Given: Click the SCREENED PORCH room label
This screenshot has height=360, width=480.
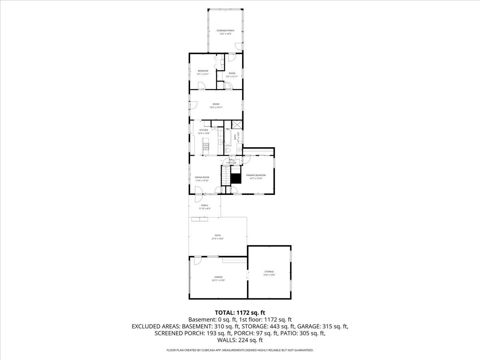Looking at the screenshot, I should pos(225,31).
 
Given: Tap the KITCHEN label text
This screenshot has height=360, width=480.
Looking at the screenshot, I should pos(204,130).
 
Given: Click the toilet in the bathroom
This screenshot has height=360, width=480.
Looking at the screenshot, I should pos(227,150).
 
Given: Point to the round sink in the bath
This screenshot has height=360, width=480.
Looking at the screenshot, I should pos(239,150).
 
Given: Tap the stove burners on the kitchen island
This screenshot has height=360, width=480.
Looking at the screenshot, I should pos(206,146).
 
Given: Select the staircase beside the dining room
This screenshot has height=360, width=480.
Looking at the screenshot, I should pos(226,176).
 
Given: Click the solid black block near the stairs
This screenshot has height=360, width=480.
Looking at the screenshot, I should pos(236,178).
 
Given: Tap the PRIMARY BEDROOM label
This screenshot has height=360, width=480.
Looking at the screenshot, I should pos(256,175).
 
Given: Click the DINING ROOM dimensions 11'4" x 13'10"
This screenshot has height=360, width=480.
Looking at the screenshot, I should pos(202,181).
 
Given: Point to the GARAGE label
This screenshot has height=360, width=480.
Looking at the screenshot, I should pos(218,277).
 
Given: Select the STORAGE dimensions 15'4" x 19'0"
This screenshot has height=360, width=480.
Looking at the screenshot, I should pos(269,275).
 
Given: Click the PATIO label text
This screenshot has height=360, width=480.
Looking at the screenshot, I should pos(218,235).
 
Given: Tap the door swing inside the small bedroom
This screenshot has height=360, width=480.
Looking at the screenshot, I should pos(202,85).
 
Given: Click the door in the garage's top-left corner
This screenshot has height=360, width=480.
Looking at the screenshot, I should pos(197,260).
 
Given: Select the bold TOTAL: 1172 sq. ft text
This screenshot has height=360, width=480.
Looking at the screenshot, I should pos(240,312).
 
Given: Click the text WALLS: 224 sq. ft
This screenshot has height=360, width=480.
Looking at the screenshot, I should pos(240,340).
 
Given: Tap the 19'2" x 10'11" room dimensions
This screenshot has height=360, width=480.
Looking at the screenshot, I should pos(216,107).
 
